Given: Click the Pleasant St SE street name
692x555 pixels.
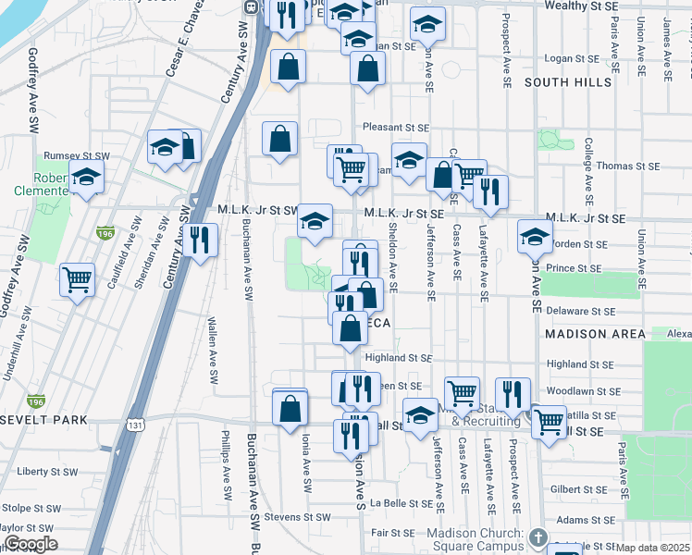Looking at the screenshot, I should (x=396, y=128).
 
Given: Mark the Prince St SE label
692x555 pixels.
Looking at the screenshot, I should (x=573, y=268).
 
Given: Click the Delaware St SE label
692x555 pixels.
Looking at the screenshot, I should (x=579, y=311).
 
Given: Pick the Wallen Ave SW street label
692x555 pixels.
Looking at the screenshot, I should (x=212, y=351).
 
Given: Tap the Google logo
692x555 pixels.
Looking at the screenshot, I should (x=31, y=544).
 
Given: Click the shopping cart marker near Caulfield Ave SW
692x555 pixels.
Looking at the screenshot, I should (x=78, y=278).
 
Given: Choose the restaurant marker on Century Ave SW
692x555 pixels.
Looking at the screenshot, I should (x=200, y=240).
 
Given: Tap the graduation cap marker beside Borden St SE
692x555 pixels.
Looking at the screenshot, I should (x=535, y=236).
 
